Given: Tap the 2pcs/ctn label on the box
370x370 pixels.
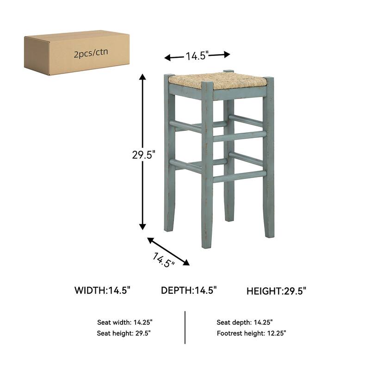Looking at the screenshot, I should (91, 54).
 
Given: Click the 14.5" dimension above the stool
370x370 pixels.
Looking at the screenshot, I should (198, 56).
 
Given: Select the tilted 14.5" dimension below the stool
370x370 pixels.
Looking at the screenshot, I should (162, 260).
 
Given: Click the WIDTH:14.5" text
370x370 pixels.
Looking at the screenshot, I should (103, 290).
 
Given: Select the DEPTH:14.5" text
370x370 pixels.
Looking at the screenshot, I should (189, 290).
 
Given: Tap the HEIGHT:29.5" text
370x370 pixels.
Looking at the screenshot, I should (276, 291).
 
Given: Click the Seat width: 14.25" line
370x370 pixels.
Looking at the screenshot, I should (124, 322).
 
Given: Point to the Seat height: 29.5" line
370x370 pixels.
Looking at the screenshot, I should (123, 333).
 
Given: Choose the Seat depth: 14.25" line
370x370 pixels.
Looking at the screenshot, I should (245, 322).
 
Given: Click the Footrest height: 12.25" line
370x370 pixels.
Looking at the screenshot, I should (252, 333).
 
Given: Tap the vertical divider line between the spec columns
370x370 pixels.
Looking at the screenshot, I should (185, 327).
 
